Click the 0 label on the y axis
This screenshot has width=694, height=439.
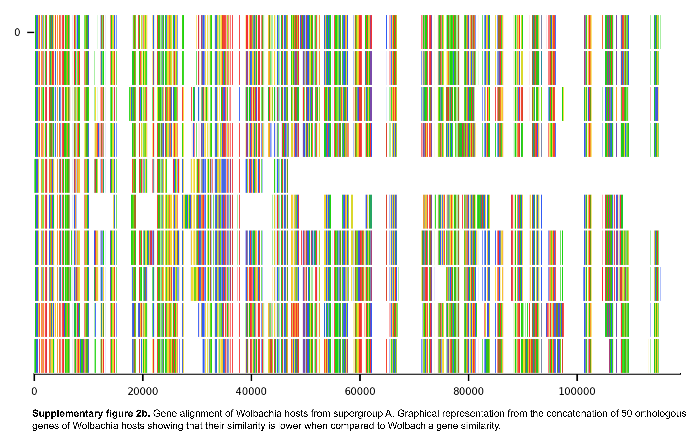click(17, 32)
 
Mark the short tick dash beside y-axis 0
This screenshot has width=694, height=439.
click(31, 32)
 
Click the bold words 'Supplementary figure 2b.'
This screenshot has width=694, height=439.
click(91, 414)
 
